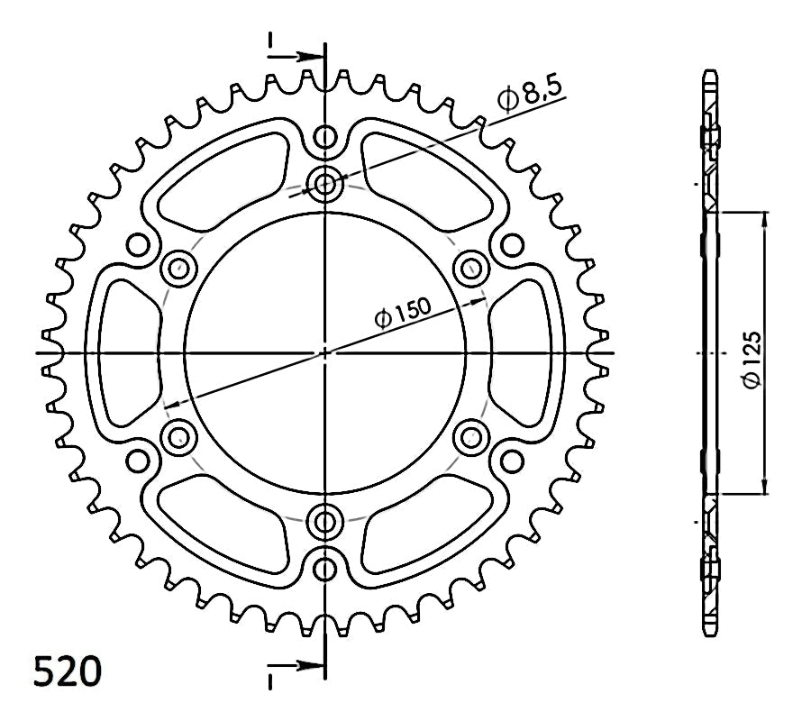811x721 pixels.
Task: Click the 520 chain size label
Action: [x=68, y=671]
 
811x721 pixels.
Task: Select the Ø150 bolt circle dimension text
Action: [x=403, y=313]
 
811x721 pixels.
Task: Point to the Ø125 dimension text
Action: [x=752, y=359]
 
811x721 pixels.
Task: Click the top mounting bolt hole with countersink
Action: [x=324, y=183]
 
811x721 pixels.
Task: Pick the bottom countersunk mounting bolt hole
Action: [x=324, y=521]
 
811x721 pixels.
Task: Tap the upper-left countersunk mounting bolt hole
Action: [x=179, y=268]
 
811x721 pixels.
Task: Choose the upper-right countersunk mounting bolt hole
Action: [x=470, y=268]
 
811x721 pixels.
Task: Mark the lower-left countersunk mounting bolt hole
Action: [x=179, y=438]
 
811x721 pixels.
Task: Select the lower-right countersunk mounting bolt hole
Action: [x=470, y=438]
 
